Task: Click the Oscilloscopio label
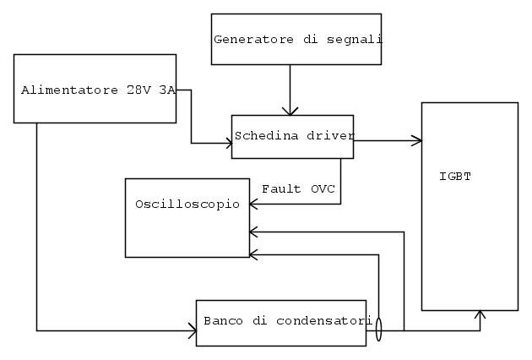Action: [187, 205]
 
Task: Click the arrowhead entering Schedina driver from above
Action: [290, 110]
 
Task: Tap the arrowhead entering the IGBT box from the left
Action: [416, 140]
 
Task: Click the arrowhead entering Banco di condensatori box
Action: [191, 328]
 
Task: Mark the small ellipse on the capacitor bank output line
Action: [377, 329]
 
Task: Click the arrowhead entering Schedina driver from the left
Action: [227, 144]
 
